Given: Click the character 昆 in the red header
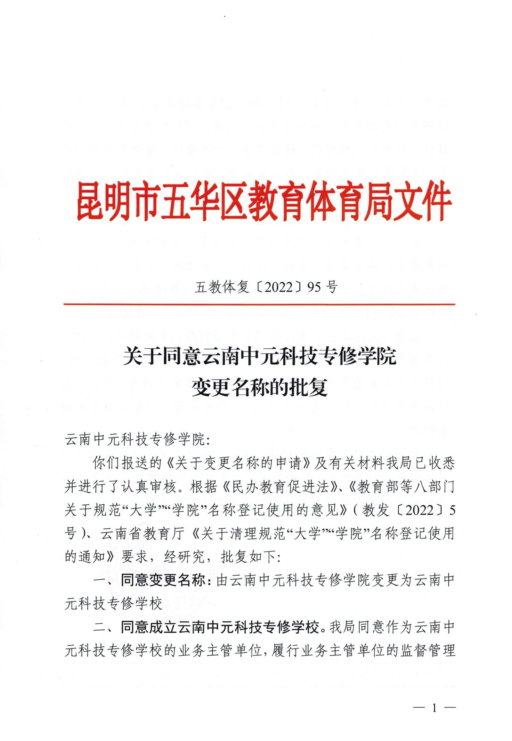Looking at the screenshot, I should click(x=89, y=200).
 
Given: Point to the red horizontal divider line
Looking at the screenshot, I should click(x=259, y=304).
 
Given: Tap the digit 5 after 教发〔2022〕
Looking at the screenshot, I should click(x=452, y=511).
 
